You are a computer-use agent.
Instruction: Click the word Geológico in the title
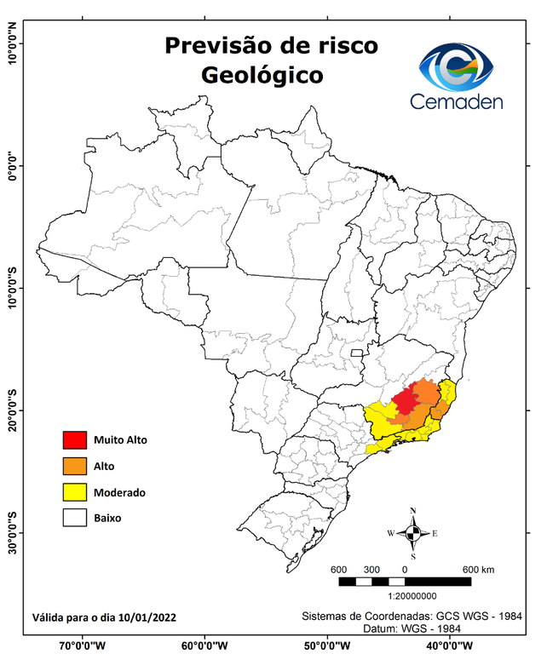coord(262,75)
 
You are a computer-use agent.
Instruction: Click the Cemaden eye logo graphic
coord(461,67)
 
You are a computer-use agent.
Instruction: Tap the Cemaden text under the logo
coord(457,101)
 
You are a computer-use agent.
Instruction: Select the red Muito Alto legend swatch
coord(75,440)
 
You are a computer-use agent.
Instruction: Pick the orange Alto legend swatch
coord(75,467)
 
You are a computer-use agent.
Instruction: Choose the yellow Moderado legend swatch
coord(75,492)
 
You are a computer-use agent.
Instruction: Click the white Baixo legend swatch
coord(75,518)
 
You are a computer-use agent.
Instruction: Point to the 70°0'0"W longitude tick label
coord(83,645)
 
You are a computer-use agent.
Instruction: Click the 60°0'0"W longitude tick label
coord(205,645)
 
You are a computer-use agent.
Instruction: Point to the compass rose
coord(413,533)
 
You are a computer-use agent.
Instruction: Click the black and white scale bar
coord(405,582)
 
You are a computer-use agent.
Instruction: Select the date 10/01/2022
coord(147,617)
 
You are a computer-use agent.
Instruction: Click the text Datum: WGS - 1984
coord(413,628)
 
